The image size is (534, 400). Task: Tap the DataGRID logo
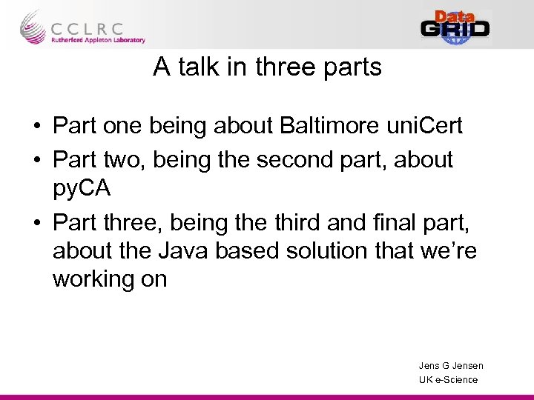coord(455,27)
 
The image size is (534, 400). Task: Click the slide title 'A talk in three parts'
coord(267,67)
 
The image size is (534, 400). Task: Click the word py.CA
coord(82,188)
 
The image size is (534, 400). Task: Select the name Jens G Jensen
coord(451,365)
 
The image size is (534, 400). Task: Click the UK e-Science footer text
coord(448,379)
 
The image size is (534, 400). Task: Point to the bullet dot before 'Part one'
coord(36,127)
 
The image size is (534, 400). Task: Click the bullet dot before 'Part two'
coord(36,161)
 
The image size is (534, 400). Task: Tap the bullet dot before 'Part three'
coord(36,223)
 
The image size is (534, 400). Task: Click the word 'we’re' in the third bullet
coord(448,251)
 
